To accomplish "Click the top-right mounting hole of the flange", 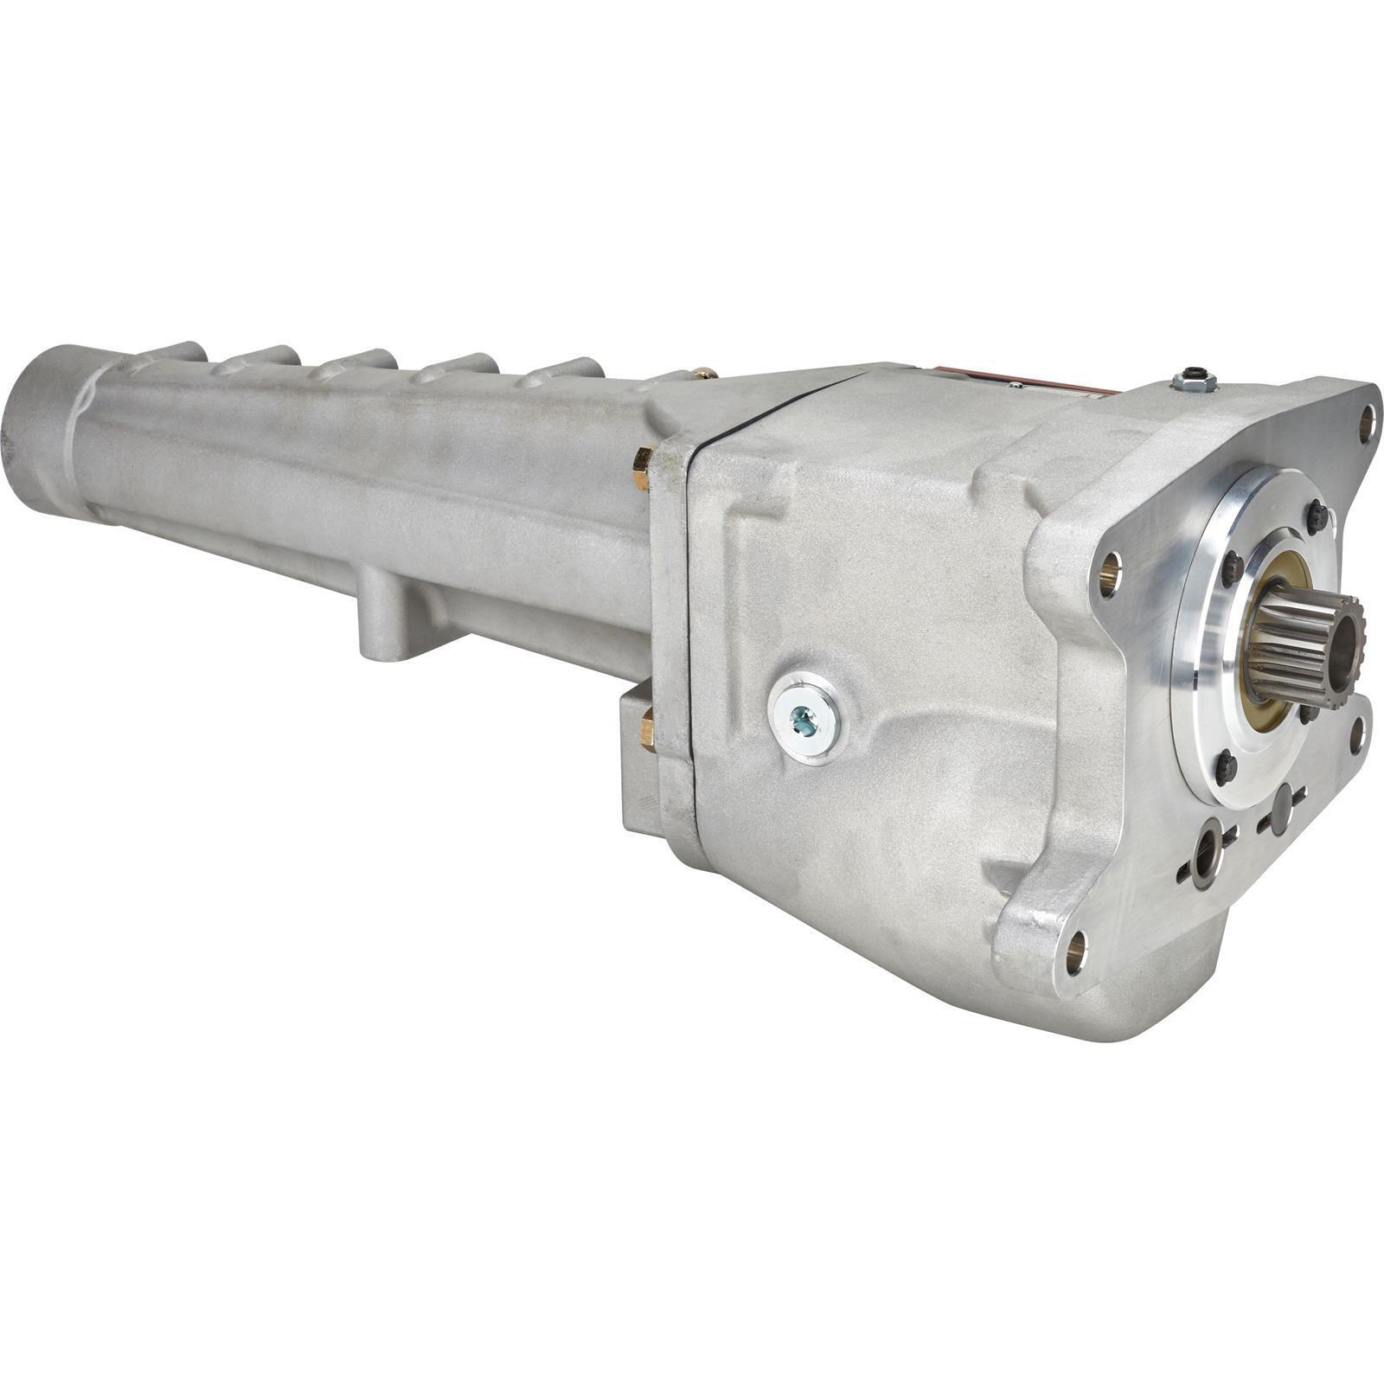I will pos(1368,423).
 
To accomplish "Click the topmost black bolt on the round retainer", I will pos(1318,516).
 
